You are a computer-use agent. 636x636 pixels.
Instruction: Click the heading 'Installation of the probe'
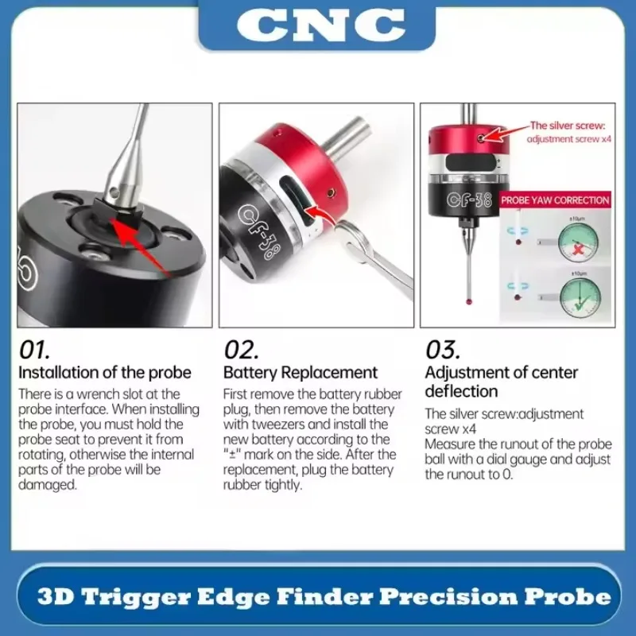[105, 372]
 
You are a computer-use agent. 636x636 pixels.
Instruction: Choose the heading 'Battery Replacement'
[301, 372]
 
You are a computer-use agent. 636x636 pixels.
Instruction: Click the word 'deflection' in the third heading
[461, 391]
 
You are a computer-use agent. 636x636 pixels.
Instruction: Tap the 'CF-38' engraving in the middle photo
[258, 235]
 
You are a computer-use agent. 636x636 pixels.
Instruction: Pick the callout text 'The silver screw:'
[568, 126]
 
